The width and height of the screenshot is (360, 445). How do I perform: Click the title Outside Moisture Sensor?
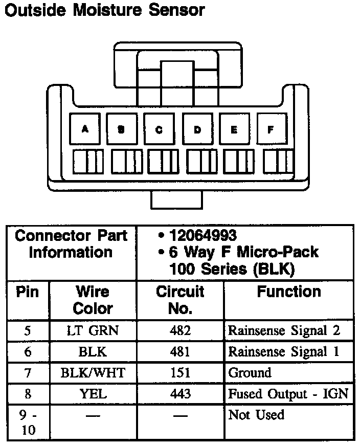pyautogui.click(x=105, y=10)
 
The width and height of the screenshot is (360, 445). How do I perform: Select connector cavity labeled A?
pyautogui.click(x=85, y=129)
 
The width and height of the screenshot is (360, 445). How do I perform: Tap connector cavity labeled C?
pyautogui.click(x=160, y=129)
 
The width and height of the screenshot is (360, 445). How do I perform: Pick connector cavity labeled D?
pyautogui.click(x=197, y=129)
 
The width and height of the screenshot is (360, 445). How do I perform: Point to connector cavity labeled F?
pyautogui.click(x=271, y=129)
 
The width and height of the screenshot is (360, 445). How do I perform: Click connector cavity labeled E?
pyautogui.click(x=234, y=129)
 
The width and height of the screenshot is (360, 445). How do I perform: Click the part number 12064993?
pyautogui.click(x=202, y=235)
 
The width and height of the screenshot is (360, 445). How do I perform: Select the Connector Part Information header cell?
pyautogui.click(x=71, y=244)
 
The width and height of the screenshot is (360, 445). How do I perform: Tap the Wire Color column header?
pyautogui.click(x=93, y=300)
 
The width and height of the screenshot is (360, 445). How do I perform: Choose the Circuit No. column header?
pyautogui.click(x=180, y=300)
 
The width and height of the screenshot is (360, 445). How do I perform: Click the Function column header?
pyautogui.click(x=289, y=292)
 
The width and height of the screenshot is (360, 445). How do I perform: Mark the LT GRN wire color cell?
pyautogui.click(x=93, y=330)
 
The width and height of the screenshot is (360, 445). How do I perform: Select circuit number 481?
pyautogui.click(x=180, y=352)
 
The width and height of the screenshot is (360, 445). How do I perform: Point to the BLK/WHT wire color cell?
pyautogui.click(x=93, y=372)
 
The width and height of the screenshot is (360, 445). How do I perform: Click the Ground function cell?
pyautogui.click(x=250, y=372)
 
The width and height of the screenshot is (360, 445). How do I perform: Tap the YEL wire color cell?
pyautogui.click(x=93, y=393)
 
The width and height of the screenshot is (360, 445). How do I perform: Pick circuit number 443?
pyautogui.click(x=180, y=393)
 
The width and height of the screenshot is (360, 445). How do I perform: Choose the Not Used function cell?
pyautogui.click(x=256, y=414)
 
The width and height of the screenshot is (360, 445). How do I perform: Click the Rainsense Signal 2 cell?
pyautogui.click(x=284, y=330)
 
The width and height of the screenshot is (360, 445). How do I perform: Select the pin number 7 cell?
pyautogui.click(x=28, y=372)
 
